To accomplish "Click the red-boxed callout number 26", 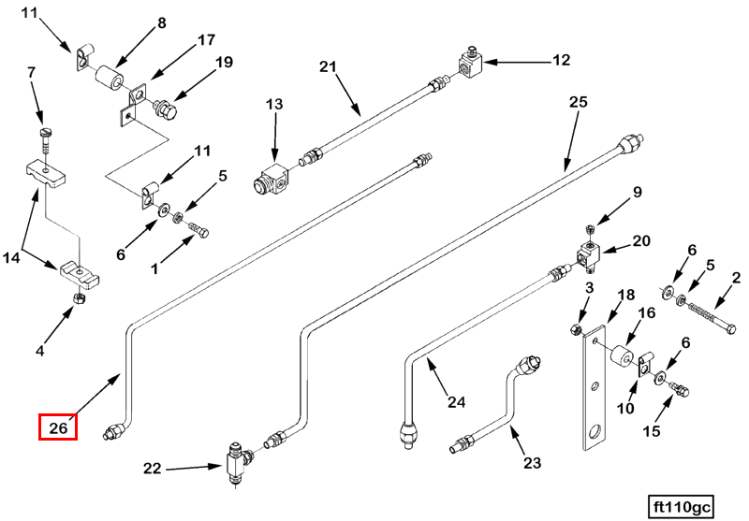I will (x=57, y=428).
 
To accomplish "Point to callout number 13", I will (x=273, y=104).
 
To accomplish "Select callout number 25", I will (x=578, y=102).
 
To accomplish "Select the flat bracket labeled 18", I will (x=594, y=384).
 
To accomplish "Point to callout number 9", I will (x=637, y=194).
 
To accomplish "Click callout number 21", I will (x=327, y=67).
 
